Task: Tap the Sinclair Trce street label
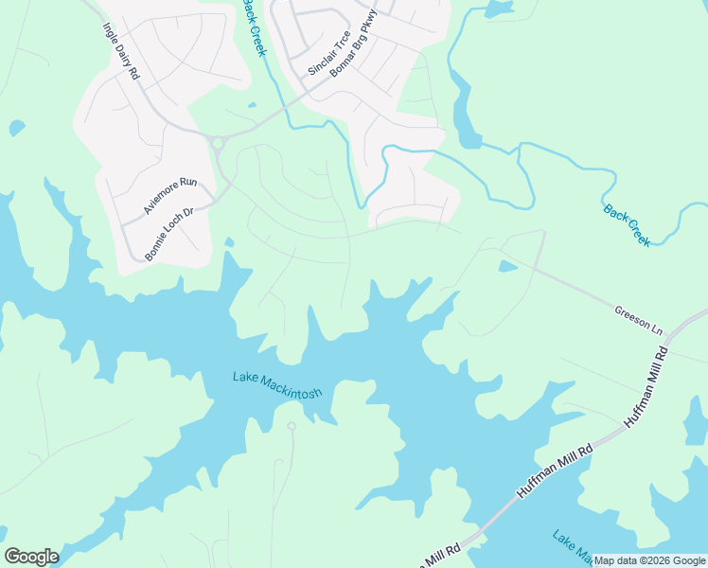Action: (x=329, y=53)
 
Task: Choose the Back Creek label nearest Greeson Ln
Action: (x=627, y=224)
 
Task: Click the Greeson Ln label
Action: (x=638, y=320)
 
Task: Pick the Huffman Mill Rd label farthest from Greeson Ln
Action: (x=554, y=470)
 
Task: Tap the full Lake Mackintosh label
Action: (x=278, y=384)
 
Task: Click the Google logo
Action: (x=31, y=556)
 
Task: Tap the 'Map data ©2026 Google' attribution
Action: (x=650, y=560)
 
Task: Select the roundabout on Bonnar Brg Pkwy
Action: (x=218, y=144)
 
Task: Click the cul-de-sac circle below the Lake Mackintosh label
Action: (x=292, y=427)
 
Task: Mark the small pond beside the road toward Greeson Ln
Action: (x=508, y=267)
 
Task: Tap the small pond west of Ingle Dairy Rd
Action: (x=16, y=127)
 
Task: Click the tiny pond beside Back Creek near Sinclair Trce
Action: (x=251, y=105)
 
